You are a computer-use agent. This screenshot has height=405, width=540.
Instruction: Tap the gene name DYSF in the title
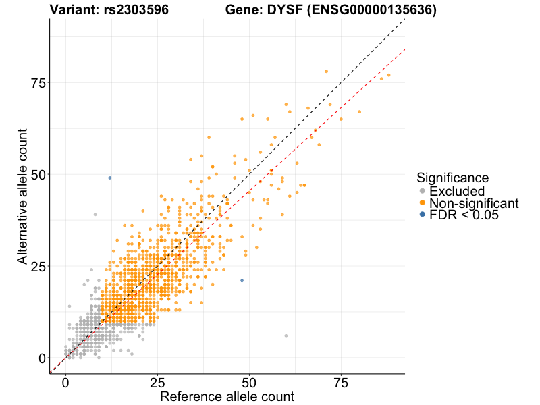click(289, 10)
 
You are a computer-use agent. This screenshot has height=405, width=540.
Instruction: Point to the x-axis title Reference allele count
click(227, 396)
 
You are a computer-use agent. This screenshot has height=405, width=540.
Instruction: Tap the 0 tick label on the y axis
click(42, 358)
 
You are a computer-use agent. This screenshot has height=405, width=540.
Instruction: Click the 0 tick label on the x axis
click(65, 383)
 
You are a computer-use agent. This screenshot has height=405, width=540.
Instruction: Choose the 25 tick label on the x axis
click(157, 383)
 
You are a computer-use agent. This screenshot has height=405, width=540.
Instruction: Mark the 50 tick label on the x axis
click(250, 383)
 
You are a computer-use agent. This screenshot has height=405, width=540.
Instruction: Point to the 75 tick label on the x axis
click(342, 383)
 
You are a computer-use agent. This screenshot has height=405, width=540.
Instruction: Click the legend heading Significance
click(452, 178)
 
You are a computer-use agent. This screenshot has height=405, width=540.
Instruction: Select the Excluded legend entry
click(456, 191)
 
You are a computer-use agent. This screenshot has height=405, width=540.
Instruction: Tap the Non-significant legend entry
click(473, 203)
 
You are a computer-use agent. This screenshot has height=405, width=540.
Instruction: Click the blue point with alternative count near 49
click(110, 178)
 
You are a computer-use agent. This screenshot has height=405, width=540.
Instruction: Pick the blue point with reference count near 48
click(242, 281)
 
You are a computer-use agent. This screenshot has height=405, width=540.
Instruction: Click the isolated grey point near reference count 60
click(286, 335)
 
